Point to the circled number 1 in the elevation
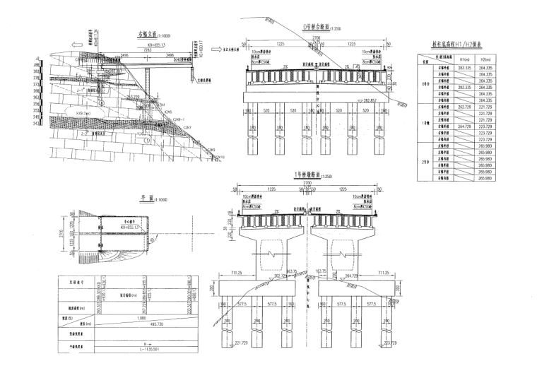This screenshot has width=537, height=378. (x=146, y=140)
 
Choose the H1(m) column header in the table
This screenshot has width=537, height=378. (x=464, y=59)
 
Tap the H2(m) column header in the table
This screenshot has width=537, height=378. (x=485, y=59)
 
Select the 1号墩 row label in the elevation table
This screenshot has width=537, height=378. (x=425, y=124)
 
